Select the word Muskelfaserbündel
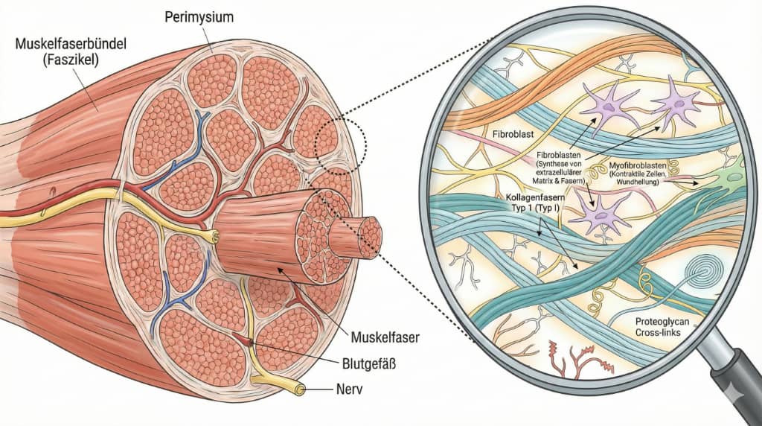pyautogui.click(x=71, y=44)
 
